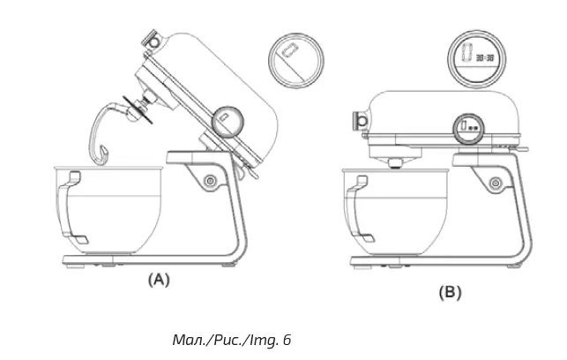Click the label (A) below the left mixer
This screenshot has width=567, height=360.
pos(157,281)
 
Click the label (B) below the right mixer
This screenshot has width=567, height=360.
pos(450,293)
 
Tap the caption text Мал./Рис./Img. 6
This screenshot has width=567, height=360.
pos(230,339)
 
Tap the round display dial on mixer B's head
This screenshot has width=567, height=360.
pos(468,128)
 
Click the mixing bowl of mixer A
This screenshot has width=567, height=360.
pos(110,207)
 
